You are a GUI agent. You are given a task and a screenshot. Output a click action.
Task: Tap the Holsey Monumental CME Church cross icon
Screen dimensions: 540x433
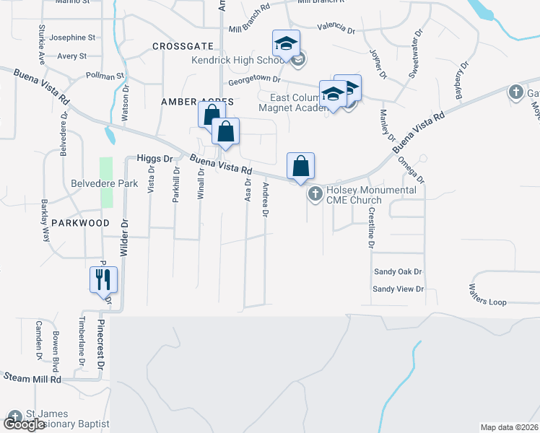315,194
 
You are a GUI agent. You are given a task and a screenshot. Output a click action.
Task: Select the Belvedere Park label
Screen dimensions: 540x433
104,183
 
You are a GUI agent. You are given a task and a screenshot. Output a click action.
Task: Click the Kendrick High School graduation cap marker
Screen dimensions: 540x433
286,43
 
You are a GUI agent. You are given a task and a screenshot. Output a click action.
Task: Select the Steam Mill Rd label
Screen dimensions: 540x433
33,377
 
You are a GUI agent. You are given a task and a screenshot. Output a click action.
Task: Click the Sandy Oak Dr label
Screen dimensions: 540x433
397,272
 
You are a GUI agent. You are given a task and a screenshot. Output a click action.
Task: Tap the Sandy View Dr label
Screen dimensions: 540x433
398,289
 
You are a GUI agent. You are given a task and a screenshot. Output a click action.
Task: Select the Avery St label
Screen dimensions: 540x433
72,56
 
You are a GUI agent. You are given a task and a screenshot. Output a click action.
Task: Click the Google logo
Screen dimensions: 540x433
25,424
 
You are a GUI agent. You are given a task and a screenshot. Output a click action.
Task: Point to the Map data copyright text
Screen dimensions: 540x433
509,427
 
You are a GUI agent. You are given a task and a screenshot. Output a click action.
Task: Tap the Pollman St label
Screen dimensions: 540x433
105,75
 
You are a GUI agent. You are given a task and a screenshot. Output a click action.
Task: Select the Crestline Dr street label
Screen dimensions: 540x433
371,228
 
